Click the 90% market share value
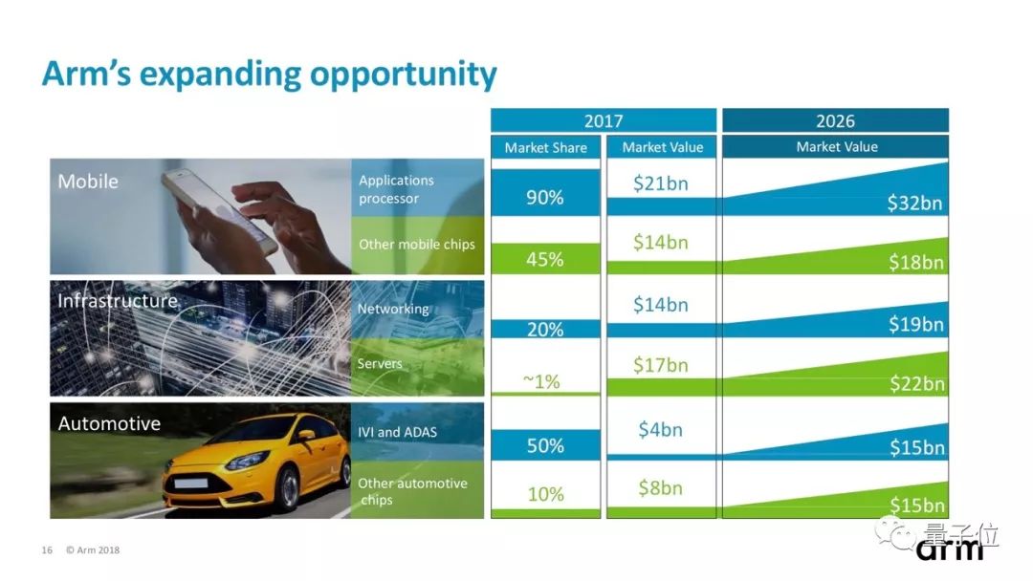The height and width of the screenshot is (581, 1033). (x=545, y=198)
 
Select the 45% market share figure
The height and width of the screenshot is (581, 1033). (x=545, y=259)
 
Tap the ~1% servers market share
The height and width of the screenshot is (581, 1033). (x=541, y=381)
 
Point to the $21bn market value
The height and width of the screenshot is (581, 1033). (x=660, y=183)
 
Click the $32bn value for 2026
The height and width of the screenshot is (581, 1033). (x=914, y=203)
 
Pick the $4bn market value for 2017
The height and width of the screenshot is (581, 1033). (x=660, y=430)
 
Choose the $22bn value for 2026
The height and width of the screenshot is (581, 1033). (x=916, y=383)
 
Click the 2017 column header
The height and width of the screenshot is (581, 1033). (x=604, y=121)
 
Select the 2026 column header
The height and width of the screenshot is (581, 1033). (x=835, y=121)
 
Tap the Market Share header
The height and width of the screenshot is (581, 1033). (x=545, y=147)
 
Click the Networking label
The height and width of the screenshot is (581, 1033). (x=393, y=309)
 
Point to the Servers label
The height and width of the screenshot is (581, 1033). (x=380, y=363)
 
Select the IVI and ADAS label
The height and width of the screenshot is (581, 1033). (x=397, y=432)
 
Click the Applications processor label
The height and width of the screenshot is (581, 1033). (x=396, y=189)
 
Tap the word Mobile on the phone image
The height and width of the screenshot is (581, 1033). (x=88, y=181)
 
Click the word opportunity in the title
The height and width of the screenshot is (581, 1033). (x=404, y=75)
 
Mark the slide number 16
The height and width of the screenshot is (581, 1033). (x=47, y=550)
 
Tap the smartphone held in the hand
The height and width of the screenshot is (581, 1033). (x=219, y=209)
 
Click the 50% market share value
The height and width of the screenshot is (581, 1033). (x=545, y=445)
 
